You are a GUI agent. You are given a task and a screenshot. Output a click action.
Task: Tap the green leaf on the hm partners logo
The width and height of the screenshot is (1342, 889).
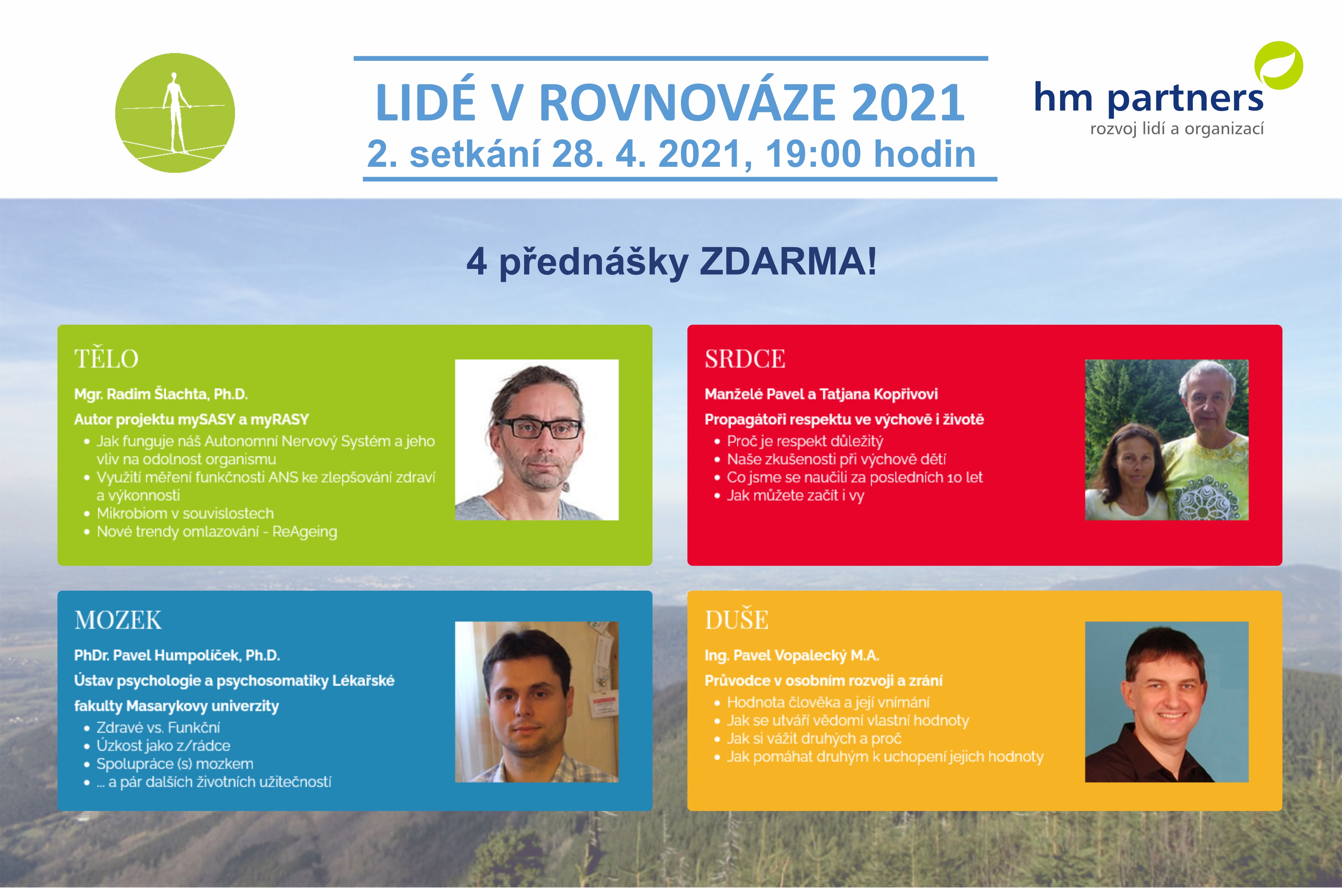coord(1278,65)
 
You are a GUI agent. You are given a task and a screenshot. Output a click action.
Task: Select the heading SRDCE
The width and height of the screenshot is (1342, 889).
coord(745,359)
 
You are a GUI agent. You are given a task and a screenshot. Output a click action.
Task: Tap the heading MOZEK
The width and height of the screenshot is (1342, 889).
coord(118,620)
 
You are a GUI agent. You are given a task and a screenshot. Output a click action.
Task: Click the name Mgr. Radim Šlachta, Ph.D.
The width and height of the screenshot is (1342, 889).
coord(161,394)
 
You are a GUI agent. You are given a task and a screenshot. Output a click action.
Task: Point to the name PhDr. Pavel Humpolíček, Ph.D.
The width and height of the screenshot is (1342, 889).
coord(177,655)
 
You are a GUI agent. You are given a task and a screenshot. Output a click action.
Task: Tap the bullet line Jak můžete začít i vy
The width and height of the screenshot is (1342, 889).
coord(795,496)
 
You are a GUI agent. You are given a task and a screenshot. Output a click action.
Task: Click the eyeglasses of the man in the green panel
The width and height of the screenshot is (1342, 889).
coord(539,428)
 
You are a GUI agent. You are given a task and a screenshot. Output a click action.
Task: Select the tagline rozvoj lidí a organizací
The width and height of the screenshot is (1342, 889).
coord(1177,129)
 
